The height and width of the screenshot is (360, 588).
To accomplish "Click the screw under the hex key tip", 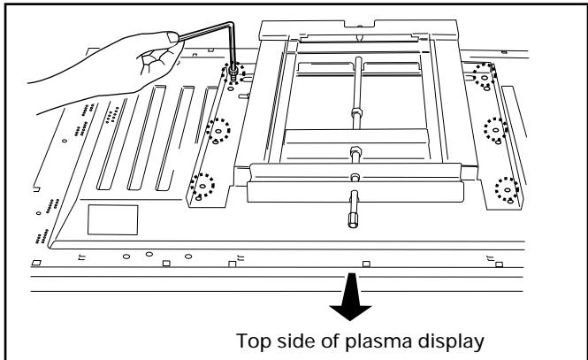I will click(234, 73).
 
